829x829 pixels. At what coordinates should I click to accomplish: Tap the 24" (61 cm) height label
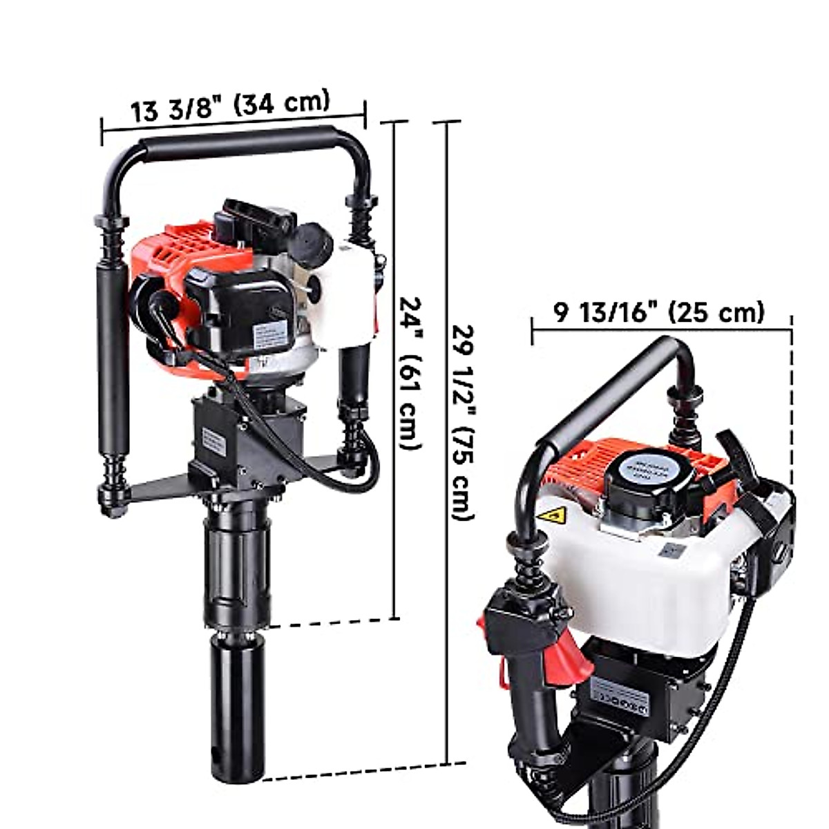click(x=412, y=373)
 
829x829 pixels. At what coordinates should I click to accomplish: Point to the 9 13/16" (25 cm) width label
click(x=660, y=312)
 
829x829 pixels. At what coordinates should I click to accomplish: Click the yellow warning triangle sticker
click(x=553, y=515)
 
